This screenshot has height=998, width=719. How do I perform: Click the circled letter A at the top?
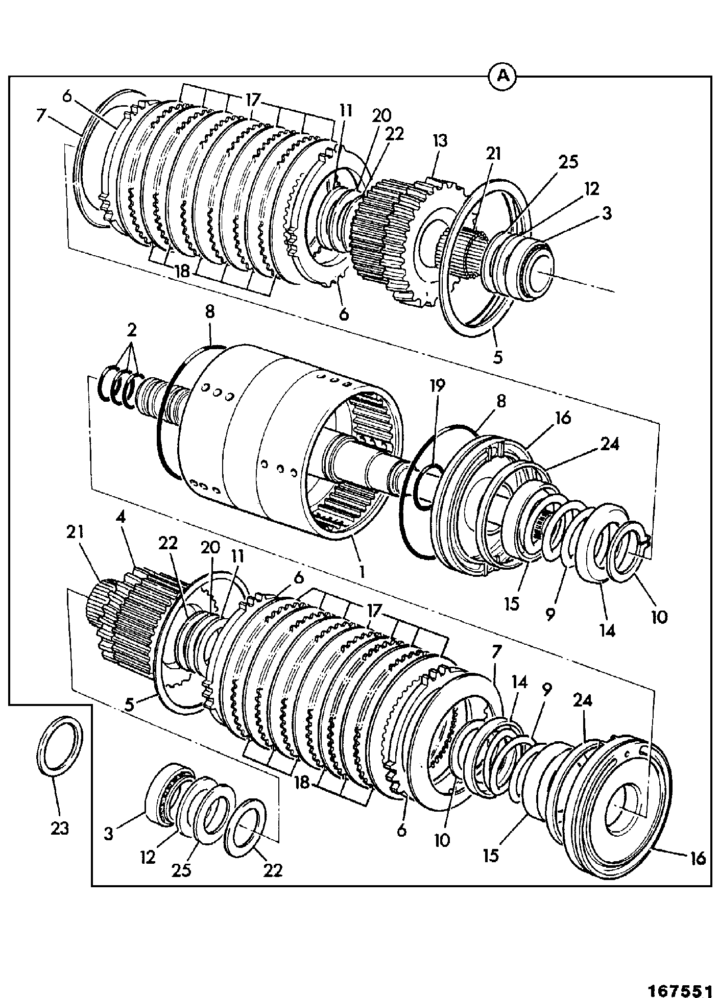coord(502,77)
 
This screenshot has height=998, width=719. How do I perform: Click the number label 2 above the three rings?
coord(132,330)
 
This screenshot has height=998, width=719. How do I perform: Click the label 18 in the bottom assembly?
coord(302,782)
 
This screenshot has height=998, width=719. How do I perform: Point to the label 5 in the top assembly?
coord(497,357)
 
